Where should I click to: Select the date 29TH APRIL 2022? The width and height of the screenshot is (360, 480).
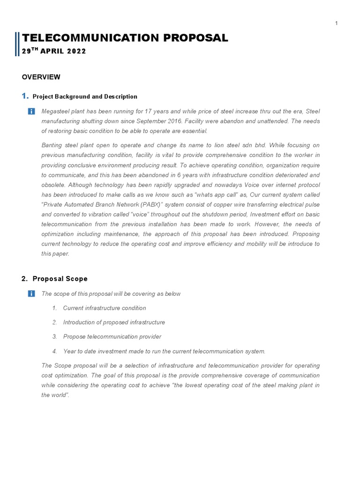54,52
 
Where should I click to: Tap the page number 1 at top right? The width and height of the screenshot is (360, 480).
337,23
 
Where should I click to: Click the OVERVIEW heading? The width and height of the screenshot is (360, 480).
41,77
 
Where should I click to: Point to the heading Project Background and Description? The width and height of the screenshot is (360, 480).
85,97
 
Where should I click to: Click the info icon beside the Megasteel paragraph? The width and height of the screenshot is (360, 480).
31,111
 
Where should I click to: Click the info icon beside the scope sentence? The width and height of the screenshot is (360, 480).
31,293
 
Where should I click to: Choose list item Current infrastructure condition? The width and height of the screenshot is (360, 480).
105,308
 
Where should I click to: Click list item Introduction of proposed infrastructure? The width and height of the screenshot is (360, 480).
114,322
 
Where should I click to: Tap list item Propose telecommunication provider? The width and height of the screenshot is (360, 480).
112,337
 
